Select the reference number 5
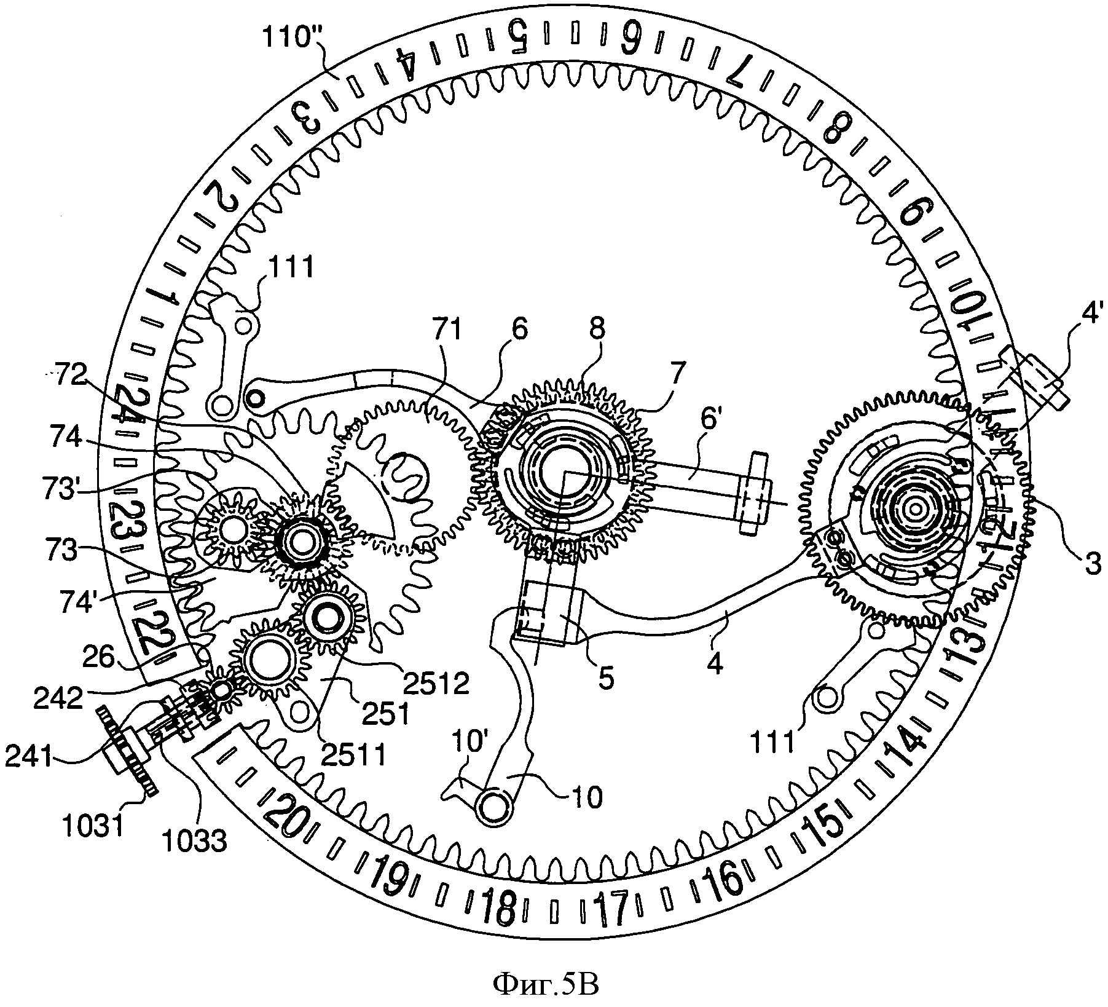click(x=606, y=681)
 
